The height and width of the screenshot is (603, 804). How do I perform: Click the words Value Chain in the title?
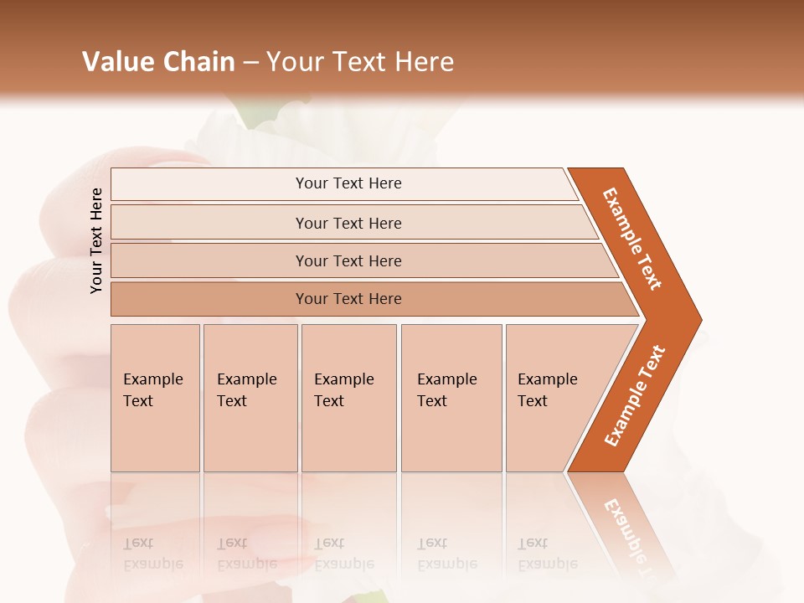(x=158, y=61)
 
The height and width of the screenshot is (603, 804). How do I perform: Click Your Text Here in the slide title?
(x=360, y=61)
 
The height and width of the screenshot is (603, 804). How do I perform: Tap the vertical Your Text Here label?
(x=96, y=240)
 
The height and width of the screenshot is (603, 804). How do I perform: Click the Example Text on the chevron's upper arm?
(x=632, y=238)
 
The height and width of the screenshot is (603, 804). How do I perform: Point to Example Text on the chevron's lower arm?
(x=634, y=395)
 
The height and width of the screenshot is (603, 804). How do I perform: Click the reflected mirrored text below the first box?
(x=152, y=554)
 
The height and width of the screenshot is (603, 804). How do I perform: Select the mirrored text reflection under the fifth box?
(x=547, y=554)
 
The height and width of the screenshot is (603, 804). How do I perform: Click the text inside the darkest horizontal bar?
(x=348, y=299)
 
